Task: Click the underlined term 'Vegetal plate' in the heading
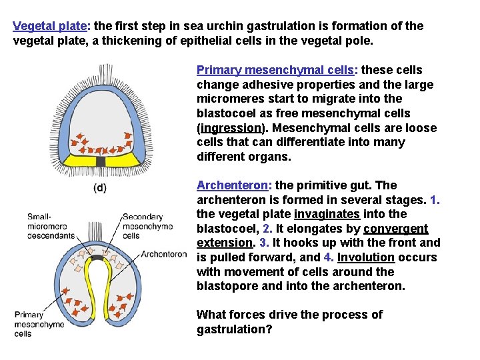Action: (x=50, y=26)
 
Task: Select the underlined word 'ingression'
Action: (x=231, y=128)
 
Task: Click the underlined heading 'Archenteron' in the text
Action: (x=230, y=185)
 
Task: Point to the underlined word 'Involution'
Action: (x=366, y=257)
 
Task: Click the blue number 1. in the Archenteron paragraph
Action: (x=435, y=200)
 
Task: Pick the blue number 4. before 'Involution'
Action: (x=328, y=257)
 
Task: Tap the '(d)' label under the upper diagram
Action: (x=99, y=188)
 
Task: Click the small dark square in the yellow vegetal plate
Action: (x=101, y=161)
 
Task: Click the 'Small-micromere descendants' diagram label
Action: (x=47, y=225)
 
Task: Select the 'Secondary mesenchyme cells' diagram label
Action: (x=147, y=225)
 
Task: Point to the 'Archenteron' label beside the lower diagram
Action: (x=164, y=253)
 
